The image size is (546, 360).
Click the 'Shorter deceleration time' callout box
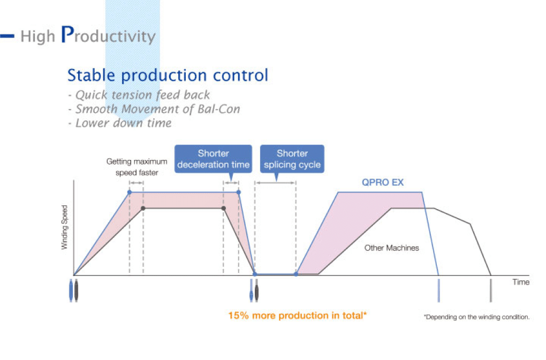(213, 159)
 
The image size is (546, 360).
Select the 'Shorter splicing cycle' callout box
(292, 159)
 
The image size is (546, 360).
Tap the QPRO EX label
(383, 182)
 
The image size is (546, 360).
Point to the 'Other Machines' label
(391, 248)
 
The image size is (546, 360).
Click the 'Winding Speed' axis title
(64, 227)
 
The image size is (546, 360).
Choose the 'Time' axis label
(521, 282)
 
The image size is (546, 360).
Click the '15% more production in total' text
(298, 316)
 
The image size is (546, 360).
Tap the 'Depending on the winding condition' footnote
(476, 317)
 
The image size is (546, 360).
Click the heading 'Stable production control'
(168, 75)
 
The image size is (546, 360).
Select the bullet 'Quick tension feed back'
(139, 95)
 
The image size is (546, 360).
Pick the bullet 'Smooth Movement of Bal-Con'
(154, 109)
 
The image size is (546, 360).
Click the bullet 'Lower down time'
(120, 123)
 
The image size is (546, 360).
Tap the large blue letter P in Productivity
(67, 34)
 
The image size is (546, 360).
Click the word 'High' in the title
(37, 36)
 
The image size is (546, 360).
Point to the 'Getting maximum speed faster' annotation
(137, 167)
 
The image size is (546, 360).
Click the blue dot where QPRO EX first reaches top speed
(130, 193)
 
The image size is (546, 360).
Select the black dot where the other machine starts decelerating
(224, 208)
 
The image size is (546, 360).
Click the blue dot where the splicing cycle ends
(296, 274)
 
